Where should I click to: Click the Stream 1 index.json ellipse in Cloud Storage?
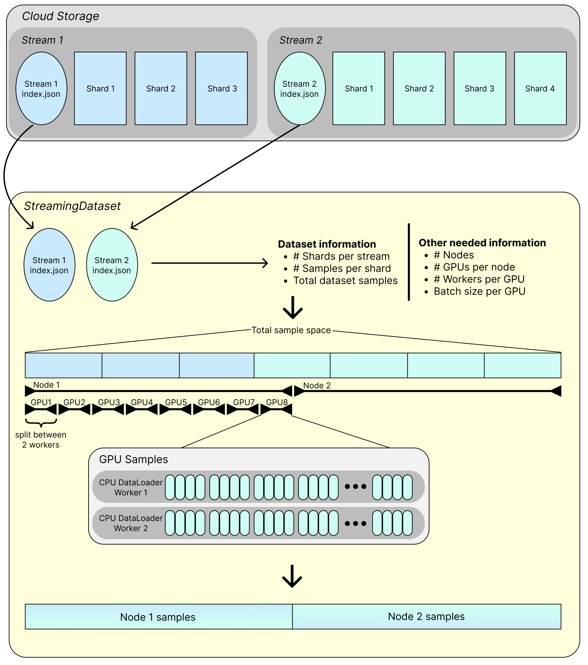click(x=41, y=89)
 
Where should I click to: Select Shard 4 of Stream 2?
click(x=540, y=89)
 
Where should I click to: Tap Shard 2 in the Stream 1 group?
click(x=161, y=89)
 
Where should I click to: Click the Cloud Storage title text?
click(x=61, y=16)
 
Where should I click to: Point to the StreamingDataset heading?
click(x=72, y=206)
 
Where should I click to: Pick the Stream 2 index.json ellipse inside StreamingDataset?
click(x=112, y=265)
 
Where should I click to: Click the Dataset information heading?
click(x=327, y=244)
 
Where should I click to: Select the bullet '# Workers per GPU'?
click(x=479, y=279)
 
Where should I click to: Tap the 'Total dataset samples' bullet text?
click(x=345, y=280)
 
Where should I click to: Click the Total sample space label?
click(x=291, y=330)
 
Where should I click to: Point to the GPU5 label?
click(x=176, y=402)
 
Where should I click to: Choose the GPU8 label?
click(x=277, y=402)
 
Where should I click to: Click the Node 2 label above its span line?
click(x=317, y=386)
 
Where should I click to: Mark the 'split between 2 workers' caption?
click(x=41, y=440)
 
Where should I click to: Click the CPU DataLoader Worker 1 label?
click(x=131, y=487)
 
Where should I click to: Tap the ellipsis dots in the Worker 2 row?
click(x=355, y=523)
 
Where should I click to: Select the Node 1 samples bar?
click(x=159, y=617)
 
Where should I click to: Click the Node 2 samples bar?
click(x=427, y=617)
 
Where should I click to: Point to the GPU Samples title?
click(x=133, y=459)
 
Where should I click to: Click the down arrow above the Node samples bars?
click(x=292, y=576)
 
